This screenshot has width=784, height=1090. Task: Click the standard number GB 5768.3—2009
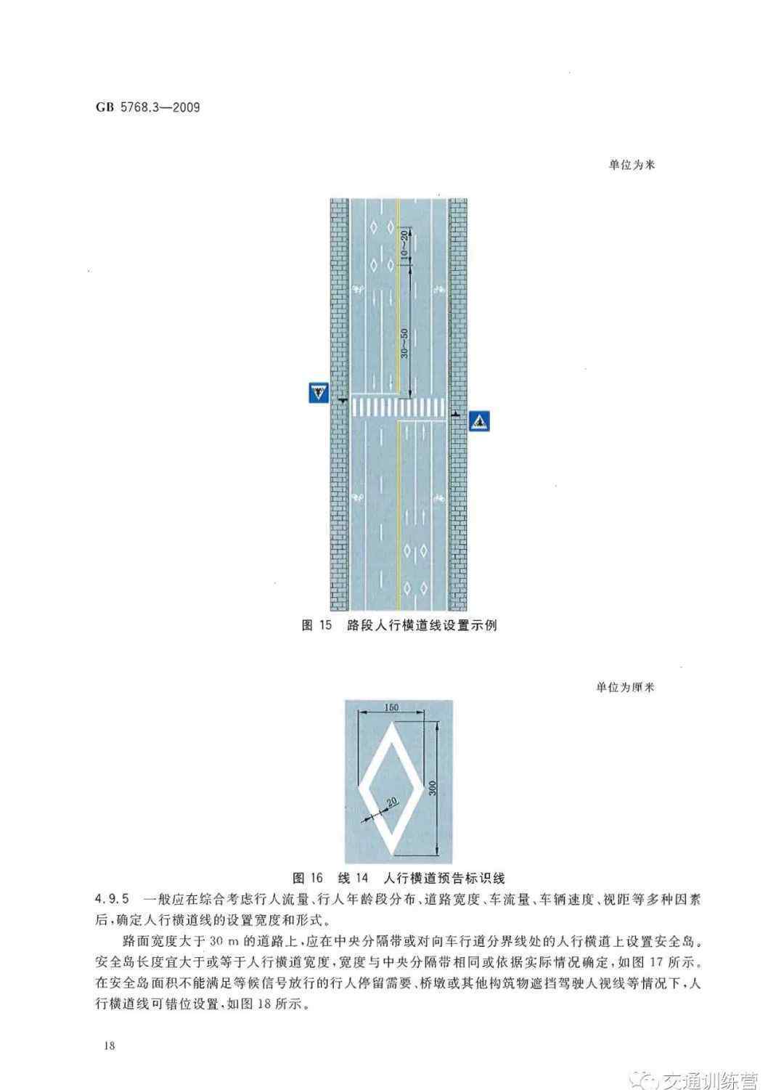147,107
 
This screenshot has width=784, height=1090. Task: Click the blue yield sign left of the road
319,393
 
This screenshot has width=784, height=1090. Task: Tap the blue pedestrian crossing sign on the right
479,421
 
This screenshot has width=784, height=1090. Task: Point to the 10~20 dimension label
404,245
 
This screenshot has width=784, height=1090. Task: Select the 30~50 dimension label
404,343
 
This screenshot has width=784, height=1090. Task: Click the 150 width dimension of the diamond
391,707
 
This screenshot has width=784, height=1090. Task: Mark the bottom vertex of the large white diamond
391,855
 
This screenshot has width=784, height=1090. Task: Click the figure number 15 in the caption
325,625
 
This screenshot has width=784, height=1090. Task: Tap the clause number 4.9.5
113,898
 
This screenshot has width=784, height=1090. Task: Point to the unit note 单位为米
632,165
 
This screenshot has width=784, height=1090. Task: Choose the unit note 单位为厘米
626,687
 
